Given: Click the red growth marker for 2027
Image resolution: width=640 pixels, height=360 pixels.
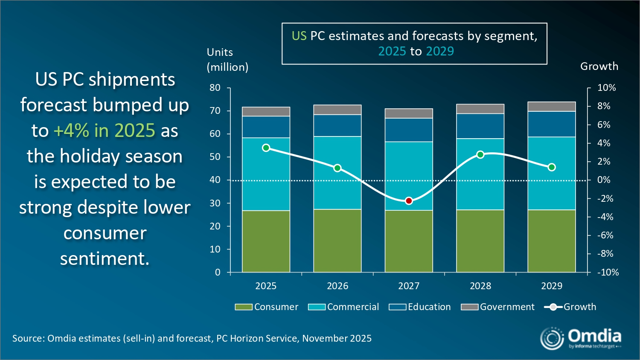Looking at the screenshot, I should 409,200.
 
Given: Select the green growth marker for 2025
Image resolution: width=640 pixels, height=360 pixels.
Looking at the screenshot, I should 266,148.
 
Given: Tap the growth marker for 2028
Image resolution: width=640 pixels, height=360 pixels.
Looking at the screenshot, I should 480,154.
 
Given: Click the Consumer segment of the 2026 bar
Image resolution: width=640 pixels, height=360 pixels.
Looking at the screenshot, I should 337,241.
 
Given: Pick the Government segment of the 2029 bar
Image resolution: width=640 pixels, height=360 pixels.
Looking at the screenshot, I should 552,106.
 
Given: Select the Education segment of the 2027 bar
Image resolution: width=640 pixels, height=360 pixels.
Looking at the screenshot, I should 409,130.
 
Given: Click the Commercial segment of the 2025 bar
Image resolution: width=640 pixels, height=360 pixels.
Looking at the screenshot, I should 266,174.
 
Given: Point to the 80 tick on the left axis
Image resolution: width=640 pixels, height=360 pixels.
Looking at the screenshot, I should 215,88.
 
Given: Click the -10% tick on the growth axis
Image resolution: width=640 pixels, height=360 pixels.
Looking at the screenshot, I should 608,272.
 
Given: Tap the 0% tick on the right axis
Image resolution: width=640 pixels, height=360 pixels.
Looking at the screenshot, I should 604,180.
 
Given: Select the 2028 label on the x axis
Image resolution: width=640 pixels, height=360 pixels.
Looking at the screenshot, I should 480,286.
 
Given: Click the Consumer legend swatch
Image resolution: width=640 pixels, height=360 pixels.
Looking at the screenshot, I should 244,307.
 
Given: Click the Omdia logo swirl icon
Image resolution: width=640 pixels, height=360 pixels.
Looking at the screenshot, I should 552,339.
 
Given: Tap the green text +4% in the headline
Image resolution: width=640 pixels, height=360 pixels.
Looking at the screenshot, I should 71,131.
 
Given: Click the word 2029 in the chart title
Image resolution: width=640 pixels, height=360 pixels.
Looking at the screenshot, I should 440,51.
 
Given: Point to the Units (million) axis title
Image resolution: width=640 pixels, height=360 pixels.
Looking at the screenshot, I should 227,59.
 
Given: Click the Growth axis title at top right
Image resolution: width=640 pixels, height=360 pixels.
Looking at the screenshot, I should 599,66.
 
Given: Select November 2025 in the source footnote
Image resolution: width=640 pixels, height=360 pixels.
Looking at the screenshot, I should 337,338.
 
